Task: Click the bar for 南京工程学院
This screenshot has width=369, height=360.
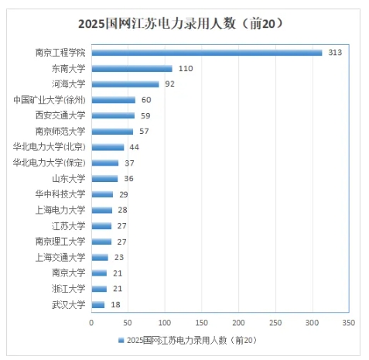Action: (207, 53)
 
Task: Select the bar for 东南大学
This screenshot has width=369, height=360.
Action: (132, 68)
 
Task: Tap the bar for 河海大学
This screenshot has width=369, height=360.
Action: (125, 84)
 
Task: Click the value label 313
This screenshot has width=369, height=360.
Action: (335, 53)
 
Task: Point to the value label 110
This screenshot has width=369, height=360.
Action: (186, 68)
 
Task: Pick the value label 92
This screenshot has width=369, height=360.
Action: (171, 84)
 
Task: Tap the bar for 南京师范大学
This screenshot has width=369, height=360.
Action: (112, 131)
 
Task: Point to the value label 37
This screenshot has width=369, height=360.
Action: (130, 163)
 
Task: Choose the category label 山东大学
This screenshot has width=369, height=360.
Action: (69, 178)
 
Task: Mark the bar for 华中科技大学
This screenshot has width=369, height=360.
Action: (102, 194)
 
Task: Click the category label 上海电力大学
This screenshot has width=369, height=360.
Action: (62, 210)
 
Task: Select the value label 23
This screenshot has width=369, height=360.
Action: (119, 257)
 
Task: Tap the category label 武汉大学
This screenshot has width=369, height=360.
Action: (69, 304)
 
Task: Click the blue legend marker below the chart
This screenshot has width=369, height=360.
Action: (121, 340)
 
